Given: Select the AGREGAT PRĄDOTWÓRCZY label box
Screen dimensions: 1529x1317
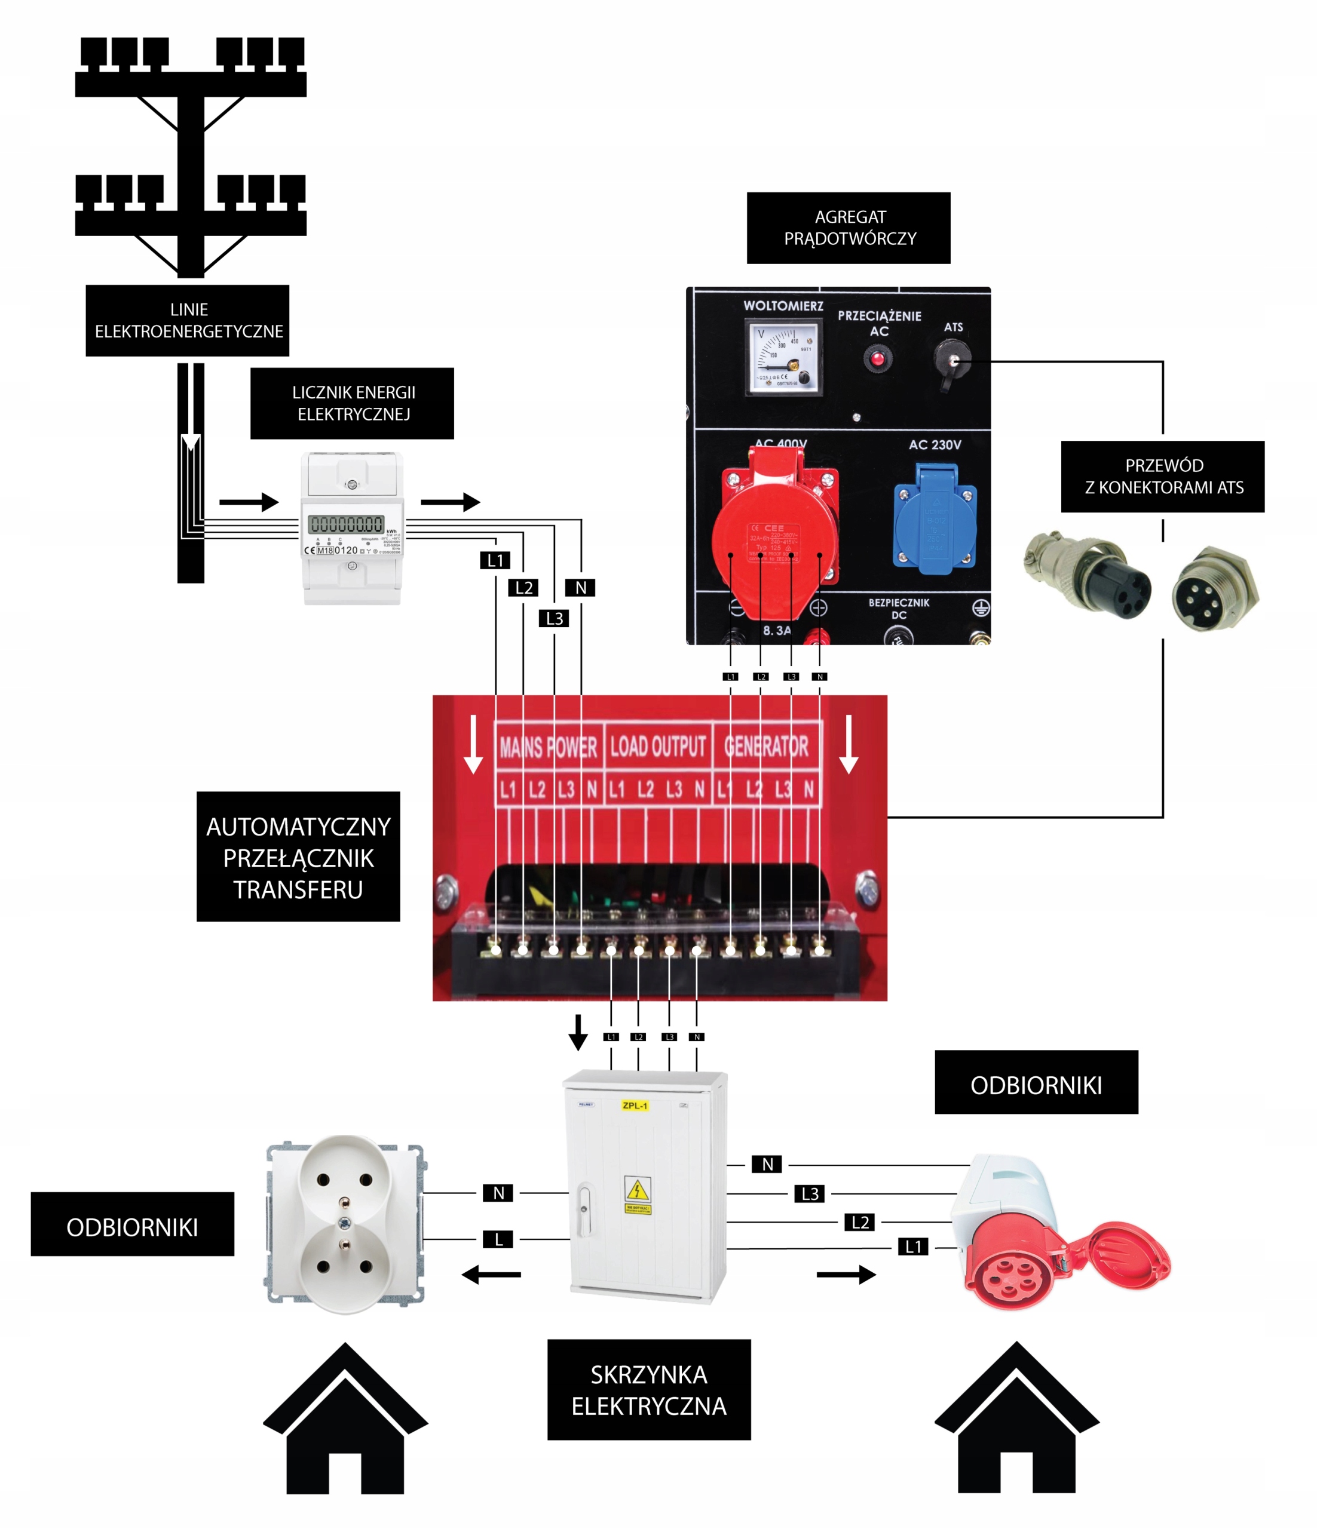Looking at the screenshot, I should [849, 228].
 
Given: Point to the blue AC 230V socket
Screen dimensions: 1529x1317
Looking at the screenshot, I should [935, 519].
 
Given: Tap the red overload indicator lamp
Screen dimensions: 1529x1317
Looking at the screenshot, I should [877, 360].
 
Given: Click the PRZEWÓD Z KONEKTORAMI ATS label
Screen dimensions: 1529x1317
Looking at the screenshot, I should [1163, 476].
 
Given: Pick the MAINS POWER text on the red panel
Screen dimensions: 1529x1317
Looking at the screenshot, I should [548, 748].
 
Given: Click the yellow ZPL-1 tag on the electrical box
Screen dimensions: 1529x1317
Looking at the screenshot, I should [634, 1106].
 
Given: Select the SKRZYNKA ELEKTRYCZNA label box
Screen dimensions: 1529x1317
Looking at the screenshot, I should [649, 1390].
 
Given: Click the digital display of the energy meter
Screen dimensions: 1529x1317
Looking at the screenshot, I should [345, 524].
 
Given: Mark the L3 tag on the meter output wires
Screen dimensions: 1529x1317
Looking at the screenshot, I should [554, 618].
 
